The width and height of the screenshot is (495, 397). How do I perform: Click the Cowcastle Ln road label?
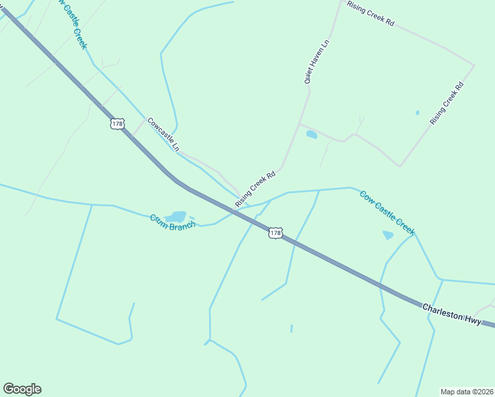point(163,134)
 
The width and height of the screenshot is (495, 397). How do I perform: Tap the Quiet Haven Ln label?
point(316,61)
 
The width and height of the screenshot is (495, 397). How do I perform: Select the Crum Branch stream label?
point(172,222)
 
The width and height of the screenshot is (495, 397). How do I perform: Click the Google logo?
point(22,389)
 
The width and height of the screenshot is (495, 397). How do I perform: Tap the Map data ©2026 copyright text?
point(467,391)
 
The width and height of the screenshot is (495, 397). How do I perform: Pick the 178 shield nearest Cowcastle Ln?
point(118,124)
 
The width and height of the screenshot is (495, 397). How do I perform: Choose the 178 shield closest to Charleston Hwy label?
point(276,233)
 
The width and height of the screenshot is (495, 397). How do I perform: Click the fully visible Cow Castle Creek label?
point(387,212)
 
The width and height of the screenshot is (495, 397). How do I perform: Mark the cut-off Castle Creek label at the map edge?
point(75,24)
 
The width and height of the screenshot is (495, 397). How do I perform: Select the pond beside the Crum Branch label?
point(176,216)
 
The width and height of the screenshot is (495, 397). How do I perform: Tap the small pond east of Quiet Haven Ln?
point(311,135)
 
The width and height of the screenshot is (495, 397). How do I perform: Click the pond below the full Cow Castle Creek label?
point(388,235)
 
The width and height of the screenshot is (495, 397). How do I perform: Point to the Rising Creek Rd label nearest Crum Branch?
point(255,188)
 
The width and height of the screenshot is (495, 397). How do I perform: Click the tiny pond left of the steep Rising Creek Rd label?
point(417,112)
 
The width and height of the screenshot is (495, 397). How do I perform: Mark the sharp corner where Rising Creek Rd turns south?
point(474,65)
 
